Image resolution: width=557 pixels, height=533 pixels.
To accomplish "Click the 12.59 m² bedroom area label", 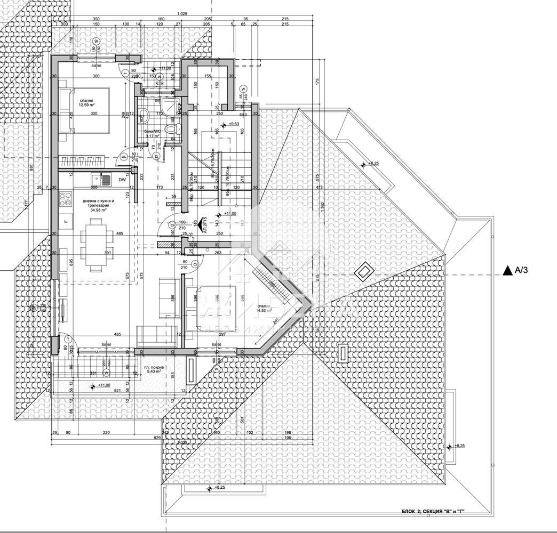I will [x=87, y=103].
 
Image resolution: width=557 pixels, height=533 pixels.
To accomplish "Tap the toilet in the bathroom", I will [x=170, y=131].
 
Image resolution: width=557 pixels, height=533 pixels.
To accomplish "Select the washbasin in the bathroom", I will [x=143, y=114].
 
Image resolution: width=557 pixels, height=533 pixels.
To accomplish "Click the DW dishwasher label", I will [x=122, y=180].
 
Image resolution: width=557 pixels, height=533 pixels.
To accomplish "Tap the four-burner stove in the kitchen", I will [x=66, y=199].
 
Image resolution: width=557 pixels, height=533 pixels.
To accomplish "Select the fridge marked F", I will [x=65, y=220].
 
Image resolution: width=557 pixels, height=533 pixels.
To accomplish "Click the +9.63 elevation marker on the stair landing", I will [x=233, y=124].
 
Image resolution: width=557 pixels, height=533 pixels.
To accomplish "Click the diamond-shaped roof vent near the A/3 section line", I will [x=363, y=272].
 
